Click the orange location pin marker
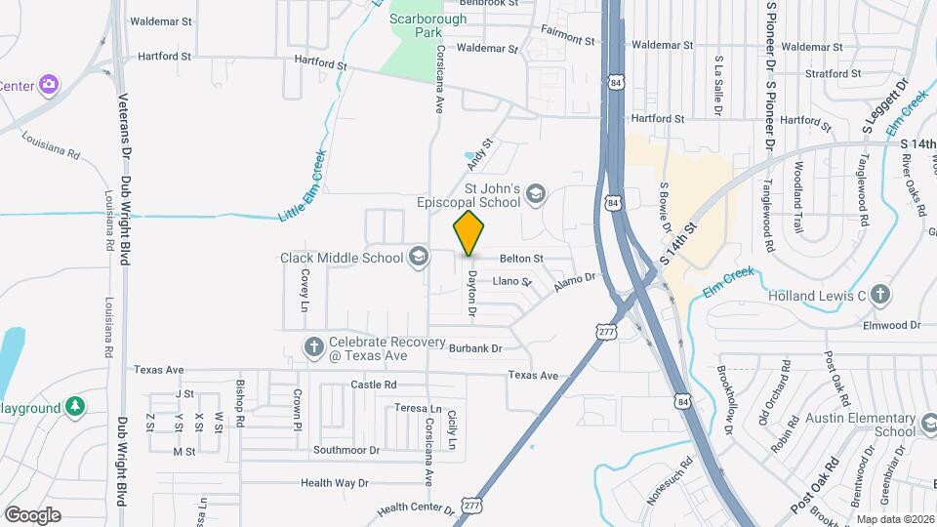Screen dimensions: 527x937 click(x=469, y=233)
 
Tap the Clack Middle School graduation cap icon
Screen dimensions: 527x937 click(x=418, y=258)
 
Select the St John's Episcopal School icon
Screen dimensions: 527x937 click(x=535, y=196)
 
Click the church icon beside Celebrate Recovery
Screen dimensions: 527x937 click(x=314, y=346)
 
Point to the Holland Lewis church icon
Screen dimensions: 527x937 click(x=879, y=295)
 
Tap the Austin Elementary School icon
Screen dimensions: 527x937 click(x=928, y=425)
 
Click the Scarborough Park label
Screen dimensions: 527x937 click(x=415, y=25)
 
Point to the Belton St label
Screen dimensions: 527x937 click(x=520, y=259)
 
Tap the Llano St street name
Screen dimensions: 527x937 click(x=511, y=281)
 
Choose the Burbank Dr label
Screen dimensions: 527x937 click(x=475, y=347)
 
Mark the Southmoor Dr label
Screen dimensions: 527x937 click(x=346, y=450)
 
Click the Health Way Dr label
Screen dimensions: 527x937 click(x=334, y=482)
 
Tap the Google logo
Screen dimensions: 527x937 click(x=32, y=514)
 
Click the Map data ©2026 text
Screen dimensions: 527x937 click(x=894, y=519)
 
